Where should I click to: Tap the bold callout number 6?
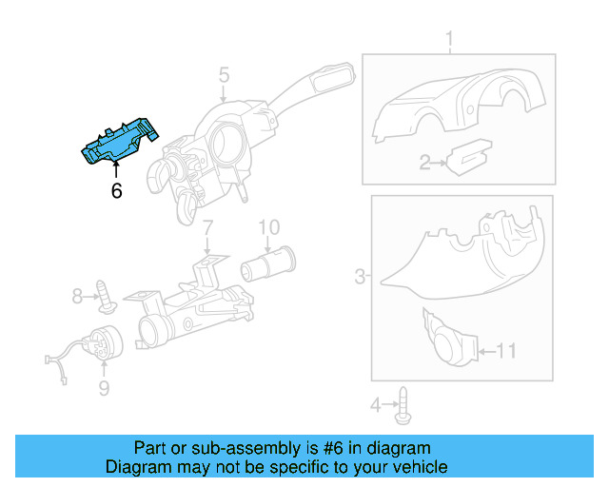tap(116, 191)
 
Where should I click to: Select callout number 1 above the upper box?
tap(449, 39)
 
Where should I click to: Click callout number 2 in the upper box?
tap(425, 164)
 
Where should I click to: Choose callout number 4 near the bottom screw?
tap(375, 406)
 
